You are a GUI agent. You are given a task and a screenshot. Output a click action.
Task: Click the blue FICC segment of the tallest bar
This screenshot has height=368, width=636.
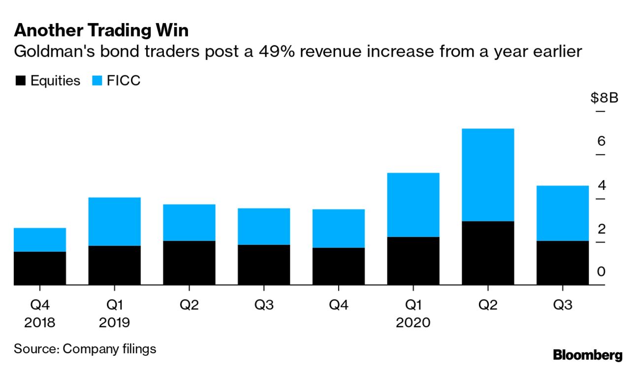pos(488,175)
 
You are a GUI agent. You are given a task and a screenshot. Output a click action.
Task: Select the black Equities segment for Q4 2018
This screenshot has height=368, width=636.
pos(40,268)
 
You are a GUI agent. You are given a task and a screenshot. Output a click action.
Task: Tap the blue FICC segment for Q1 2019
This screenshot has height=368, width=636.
pos(115,221)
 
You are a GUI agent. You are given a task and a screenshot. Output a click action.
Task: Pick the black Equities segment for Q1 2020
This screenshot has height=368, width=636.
pos(413,261)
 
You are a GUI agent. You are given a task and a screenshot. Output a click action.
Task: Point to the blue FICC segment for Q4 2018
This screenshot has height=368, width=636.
pos(40,240)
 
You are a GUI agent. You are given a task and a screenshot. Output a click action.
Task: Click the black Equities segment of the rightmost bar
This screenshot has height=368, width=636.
pos(563,263)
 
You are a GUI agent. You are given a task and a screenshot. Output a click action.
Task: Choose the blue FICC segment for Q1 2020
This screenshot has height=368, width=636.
pos(413,205)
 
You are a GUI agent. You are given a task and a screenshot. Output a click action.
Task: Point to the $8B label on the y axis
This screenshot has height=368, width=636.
pos(604,98)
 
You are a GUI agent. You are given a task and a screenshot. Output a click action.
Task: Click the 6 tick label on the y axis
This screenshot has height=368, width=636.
pos(601,142)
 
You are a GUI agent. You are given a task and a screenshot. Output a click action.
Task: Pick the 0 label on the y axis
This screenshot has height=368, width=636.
pos(601,272)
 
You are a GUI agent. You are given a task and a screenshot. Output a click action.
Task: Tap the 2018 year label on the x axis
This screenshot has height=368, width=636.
pos(40,323)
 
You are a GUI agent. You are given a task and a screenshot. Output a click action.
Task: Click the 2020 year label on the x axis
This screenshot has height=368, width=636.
pos(413,323)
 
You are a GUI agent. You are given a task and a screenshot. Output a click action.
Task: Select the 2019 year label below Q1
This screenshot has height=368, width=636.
pos(115,323)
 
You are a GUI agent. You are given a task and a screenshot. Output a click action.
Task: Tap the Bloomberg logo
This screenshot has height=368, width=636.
pos(587,355)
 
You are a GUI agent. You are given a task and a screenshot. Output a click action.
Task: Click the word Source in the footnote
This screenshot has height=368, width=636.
pos(35,349)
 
